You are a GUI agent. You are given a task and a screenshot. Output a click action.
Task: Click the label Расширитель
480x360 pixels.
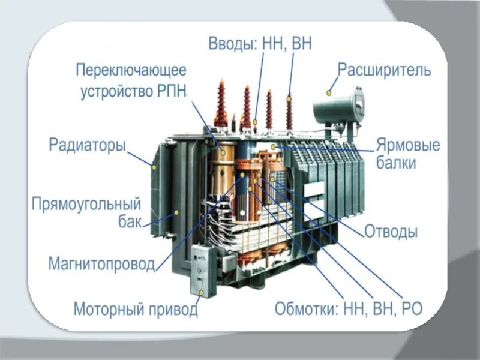(384, 70)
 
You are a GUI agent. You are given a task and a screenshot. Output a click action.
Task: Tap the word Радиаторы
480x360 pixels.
(87, 146)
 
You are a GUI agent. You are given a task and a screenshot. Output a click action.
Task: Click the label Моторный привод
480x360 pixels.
(136, 310)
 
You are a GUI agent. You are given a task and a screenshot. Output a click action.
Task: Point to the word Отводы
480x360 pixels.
(391, 232)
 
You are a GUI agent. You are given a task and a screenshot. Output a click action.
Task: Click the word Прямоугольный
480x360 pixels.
(86, 202)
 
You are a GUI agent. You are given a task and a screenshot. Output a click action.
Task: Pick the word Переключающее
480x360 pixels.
(131, 70)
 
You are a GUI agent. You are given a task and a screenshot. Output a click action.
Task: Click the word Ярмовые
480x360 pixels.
(408, 146)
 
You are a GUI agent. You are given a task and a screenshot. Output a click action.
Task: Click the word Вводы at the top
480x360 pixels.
(232, 43)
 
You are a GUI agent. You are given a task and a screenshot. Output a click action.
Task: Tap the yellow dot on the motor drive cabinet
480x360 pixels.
(202, 293)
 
